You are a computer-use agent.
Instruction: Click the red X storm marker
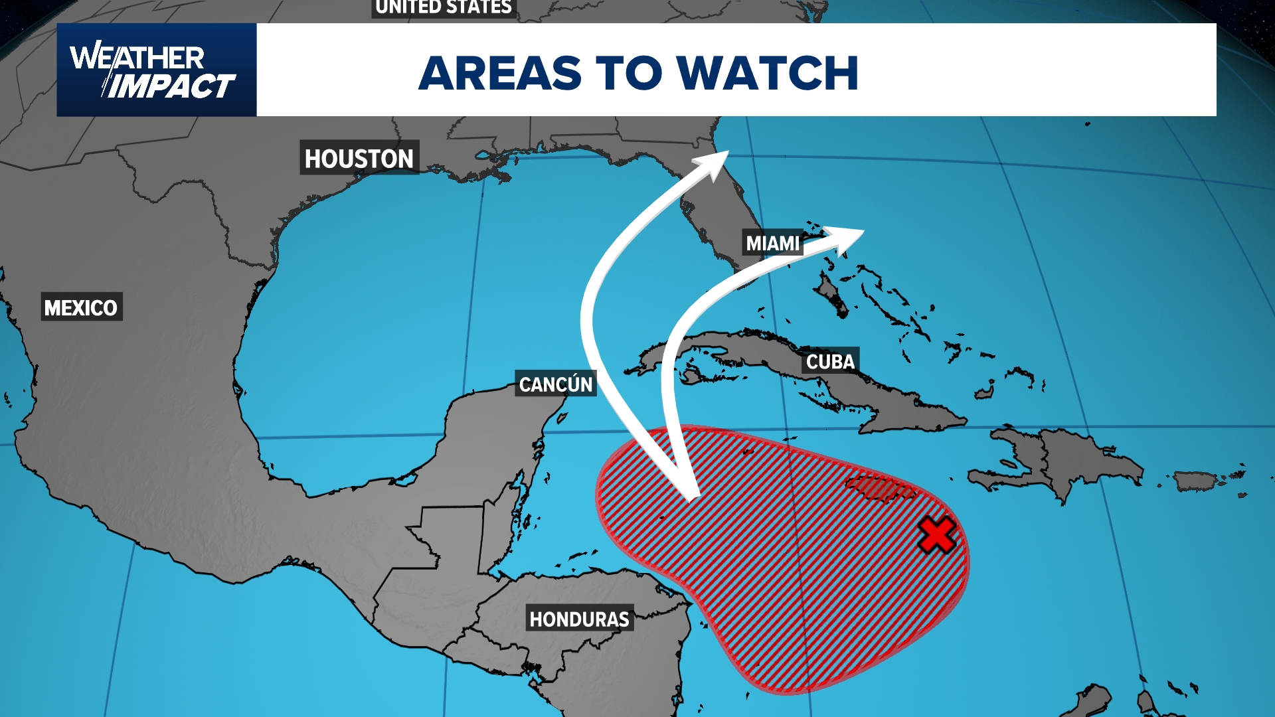(x=937, y=536)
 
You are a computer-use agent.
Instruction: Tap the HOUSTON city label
(x=359, y=158)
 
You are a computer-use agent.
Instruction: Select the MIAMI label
(x=772, y=244)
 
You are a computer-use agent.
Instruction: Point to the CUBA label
(x=830, y=362)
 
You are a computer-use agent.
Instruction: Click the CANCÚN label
(x=556, y=384)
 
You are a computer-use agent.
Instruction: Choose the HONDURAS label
(x=579, y=619)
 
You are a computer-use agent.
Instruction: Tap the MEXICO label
(x=81, y=307)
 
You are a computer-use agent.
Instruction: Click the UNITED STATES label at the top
(x=444, y=7)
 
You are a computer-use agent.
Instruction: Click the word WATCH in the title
(x=768, y=72)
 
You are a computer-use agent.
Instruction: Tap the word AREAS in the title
(x=500, y=72)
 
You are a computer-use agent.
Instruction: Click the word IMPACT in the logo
(x=171, y=86)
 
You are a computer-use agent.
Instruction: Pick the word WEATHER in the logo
(x=137, y=58)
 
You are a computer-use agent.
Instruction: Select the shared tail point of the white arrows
(x=692, y=495)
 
